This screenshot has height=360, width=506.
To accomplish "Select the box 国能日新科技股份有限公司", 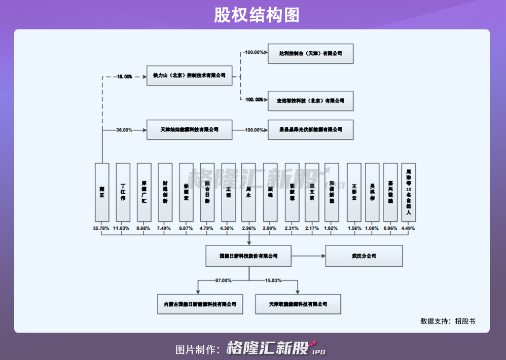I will (x=248, y=256).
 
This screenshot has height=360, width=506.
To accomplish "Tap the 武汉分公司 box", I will (x=364, y=256).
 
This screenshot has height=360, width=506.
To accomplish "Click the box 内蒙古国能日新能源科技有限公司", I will (x=200, y=304).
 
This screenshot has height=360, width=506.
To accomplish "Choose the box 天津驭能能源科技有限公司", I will (x=298, y=304).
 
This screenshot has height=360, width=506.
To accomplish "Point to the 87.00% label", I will (x=223, y=280).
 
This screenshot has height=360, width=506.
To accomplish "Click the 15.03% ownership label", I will (x=273, y=280).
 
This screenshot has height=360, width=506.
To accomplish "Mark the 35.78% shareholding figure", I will (x=101, y=228).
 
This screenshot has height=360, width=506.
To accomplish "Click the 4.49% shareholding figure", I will (x=408, y=228).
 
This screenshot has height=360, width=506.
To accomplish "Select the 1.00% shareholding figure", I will (x=372, y=228).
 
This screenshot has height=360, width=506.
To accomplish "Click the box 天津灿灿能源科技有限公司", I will (x=189, y=130).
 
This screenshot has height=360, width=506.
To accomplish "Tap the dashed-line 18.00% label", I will (x=124, y=77).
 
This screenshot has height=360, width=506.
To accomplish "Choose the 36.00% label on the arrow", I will (x=124, y=130).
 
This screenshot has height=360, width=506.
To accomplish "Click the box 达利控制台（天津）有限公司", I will (x=310, y=53).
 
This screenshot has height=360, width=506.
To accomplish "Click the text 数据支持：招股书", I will (x=448, y=321).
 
